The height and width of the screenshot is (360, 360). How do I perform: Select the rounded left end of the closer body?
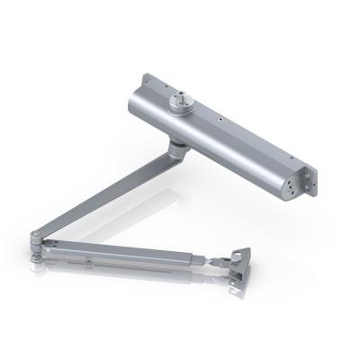click(x=134, y=105)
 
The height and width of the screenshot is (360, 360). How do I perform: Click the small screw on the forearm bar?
click(x=90, y=264)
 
